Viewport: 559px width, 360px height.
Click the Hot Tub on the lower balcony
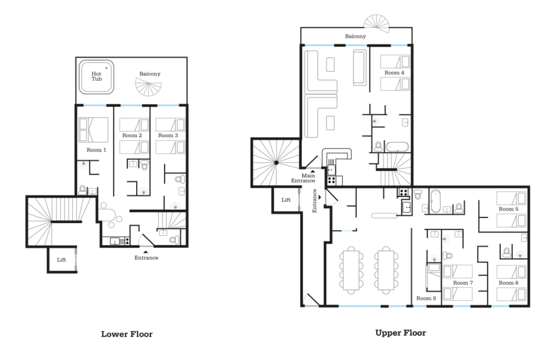click(x=96, y=77)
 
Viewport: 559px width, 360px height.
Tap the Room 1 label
click(x=96, y=150)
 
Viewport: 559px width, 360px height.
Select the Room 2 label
click(x=132, y=135)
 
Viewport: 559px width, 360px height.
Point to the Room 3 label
click(x=168, y=135)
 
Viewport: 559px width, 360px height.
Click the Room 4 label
click(x=395, y=73)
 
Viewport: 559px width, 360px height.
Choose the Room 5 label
click(x=509, y=209)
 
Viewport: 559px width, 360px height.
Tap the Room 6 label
click(x=509, y=283)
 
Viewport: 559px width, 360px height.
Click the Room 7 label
click(x=463, y=283)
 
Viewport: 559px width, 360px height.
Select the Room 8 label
click(x=426, y=298)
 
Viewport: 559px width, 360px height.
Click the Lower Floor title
click(x=127, y=334)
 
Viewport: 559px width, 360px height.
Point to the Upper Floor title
click(x=401, y=333)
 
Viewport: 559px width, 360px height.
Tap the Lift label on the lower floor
click(x=61, y=260)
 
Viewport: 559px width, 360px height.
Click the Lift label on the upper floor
click(x=286, y=200)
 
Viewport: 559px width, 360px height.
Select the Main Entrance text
click(x=303, y=178)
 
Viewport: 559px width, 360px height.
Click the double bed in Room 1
click(x=93, y=130)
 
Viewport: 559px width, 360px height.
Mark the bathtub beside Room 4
click(x=397, y=147)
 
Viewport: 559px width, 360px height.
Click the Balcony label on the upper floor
click(x=355, y=36)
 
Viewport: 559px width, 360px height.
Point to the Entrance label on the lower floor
click(x=146, y=258)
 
